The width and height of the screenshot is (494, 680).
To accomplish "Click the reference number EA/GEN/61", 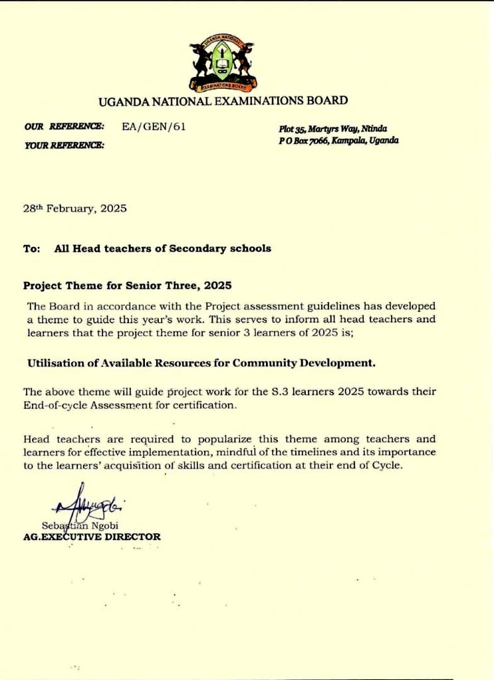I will click(154, 126).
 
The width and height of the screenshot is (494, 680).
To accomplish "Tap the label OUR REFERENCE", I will click(64, 126).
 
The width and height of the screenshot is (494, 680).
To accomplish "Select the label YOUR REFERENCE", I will click(64, 145).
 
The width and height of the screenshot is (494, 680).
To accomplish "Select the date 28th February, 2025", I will click(74, 208).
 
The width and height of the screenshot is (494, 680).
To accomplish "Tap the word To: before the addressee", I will click(32, 248).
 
